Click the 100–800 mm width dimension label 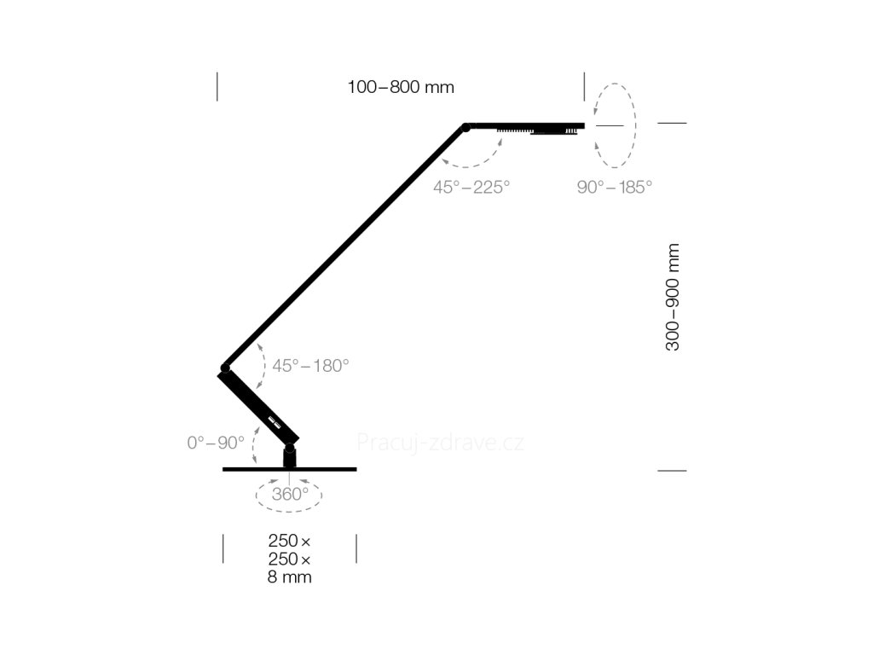(x=401, y=88)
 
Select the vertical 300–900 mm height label (x=673, y=297)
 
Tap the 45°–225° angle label (x=471, y=187)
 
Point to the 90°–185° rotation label (x=614, y=187)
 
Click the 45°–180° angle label (x=310, y=366)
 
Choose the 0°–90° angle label (x=216, y=443)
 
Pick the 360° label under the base (x=290, y=494)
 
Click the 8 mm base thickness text (x=290, y=577)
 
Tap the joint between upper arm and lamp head (x=466, y=128)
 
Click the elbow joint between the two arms (x=225, y=368)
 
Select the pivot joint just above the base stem (x=290, y=447)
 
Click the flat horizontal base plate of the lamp (x=290, y=470)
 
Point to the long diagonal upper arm (x=345, y=247)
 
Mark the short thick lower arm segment (x=258, y=409)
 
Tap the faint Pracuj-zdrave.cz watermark (x=441, y=443)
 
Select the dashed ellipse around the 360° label (x=289, y=511)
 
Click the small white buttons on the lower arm (x=274, y=422)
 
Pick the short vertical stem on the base (x=290, y=458)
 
